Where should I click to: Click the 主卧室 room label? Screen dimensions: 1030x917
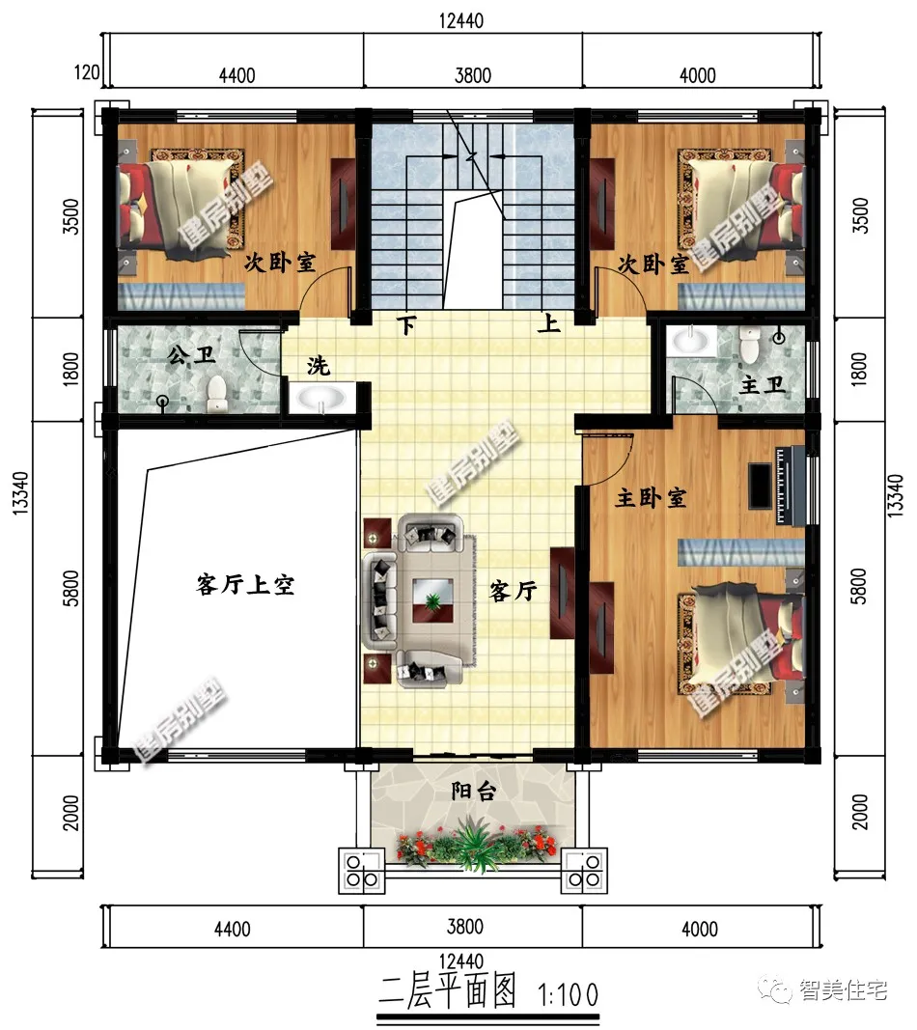(x=652, y=498)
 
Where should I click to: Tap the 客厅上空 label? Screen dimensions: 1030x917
(x=245, y=585)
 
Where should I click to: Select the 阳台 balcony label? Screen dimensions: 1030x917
(x=473, y=793)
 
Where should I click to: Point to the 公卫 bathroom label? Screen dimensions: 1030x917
(x=190, y=356)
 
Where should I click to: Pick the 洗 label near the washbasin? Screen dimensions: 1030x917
(x=319, y=367)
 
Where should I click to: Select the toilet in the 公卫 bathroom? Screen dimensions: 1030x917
(x=217, y=392)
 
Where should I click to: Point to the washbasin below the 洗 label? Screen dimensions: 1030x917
(x=322, y=398)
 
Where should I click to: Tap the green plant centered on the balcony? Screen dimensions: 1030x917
(x=473, y=840)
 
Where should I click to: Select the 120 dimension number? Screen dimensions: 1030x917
(x=87, y=72)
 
